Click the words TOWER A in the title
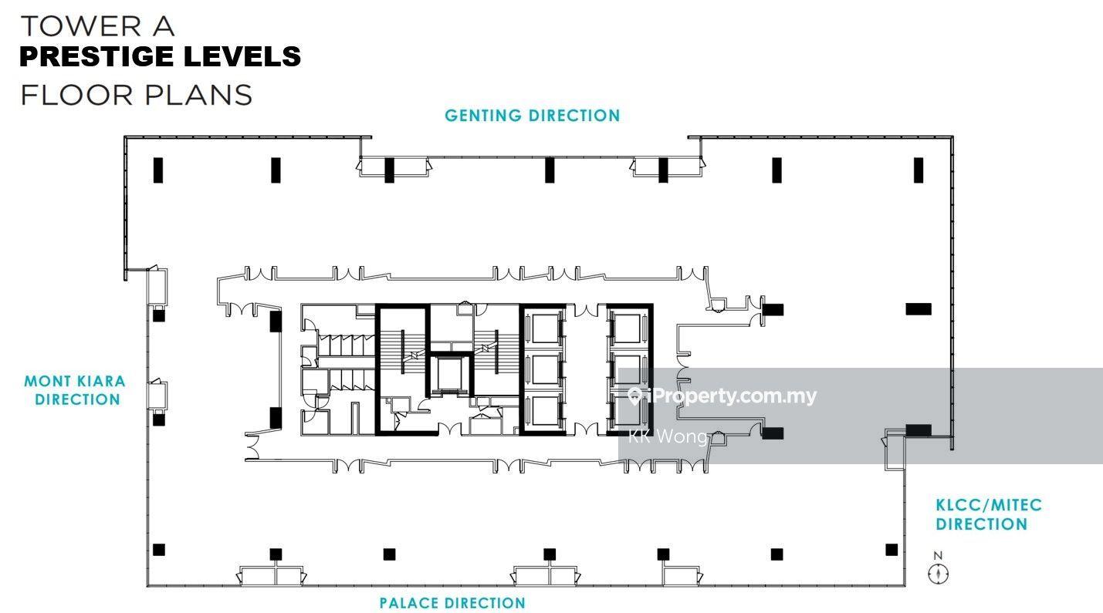click(x=97, y=26)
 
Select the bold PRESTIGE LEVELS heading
click(x=160, y=56)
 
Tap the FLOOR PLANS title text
click(x=137, y=95)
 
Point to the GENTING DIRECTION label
click(x=533, y=116)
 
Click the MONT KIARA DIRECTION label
click(x=75, y=390)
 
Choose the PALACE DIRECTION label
click(x=452, y=603)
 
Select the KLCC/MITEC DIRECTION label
click(x=989, y=514)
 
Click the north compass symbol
click(x=938, y=574)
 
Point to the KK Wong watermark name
click(x=668, y=436)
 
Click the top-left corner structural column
click(x=158, y=170)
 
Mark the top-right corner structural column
click(x=919, y=170)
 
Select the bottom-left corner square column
click(x=158, y=550)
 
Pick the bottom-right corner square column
click(x=892, y=550)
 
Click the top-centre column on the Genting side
click(x=550, y=170)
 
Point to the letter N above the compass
click(x=938, y=556)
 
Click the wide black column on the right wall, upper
click(x=919, y=309)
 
